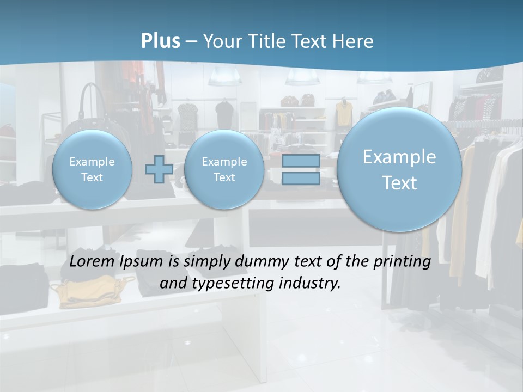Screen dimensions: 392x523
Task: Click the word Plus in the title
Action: coord(160,41)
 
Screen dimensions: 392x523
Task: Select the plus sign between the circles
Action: coord(159,169)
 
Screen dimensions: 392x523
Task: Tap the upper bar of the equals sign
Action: coord(301,161)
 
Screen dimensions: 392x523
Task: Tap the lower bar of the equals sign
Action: coord(301,179)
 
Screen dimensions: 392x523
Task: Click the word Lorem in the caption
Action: coord(92,261)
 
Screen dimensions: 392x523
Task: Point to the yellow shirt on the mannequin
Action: coord(344,113)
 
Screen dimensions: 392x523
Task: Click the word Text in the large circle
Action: coord(399,183)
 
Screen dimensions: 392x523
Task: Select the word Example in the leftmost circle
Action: coord(92,162)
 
